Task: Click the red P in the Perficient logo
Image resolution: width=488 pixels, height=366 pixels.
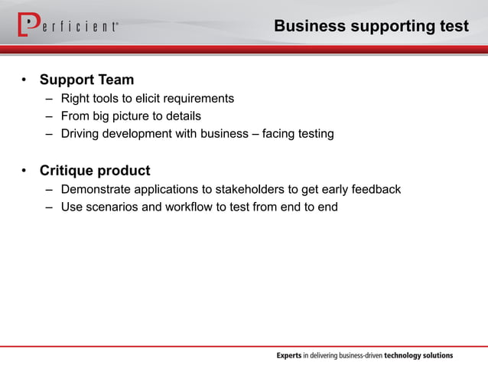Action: click(x=29, y=25)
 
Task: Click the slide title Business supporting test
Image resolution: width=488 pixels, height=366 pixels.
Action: click(x=371, y=26)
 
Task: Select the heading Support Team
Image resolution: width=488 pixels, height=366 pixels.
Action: click(x=86, y=80)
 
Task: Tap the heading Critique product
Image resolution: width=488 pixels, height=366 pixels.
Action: click(x=95, y=170)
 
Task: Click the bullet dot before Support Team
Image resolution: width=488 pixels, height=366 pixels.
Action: click(x=24, y=80)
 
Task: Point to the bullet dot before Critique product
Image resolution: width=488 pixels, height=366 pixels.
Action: click(x=24, y=171)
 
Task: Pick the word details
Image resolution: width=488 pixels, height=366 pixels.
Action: click(x=184, y=116)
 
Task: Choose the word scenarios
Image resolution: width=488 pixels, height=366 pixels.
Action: click(x=112, y=207)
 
